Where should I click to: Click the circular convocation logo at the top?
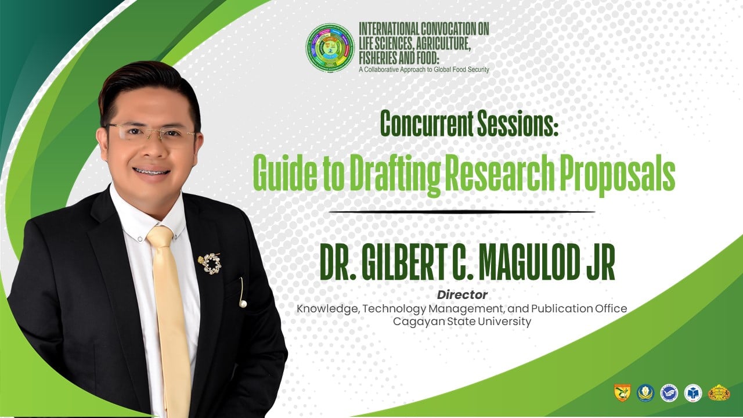(330, 47)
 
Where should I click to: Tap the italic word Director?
(462, 294)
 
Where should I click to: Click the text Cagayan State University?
(461, 322)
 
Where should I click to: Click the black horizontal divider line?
(461, 211)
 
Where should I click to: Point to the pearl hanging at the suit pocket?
(243, 304)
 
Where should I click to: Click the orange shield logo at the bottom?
(622, 393)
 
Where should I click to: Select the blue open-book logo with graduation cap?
(693, 393)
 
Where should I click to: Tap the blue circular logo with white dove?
(669, 393)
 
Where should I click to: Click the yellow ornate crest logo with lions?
(719, 393)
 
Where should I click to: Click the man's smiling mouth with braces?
(152, 171)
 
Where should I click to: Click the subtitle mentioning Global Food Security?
(424, 70)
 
